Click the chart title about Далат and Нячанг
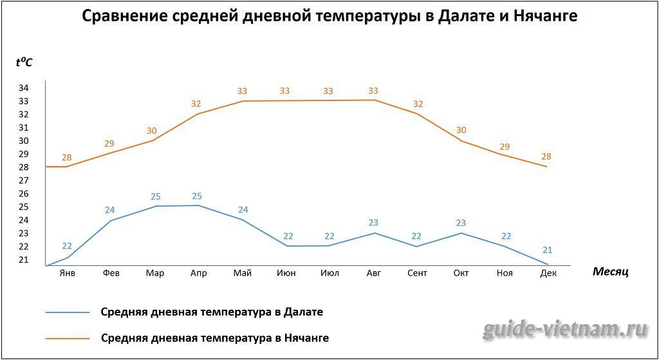click(x=329, y=17)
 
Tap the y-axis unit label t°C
click(x=24, y=62)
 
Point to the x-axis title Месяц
click(x=610, y=272)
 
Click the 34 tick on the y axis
click(x=23, y=88)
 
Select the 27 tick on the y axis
click(x=23, y=180)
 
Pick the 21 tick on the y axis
click(x=23, y=260)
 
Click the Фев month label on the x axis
click(x=111, y=273)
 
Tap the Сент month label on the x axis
click(x=417, y=273)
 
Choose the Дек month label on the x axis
click(x=548, y=273)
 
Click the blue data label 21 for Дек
click(x=547, y=250)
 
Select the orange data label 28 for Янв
click(x=67, y=157)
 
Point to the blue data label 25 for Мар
click(x=154, y=196)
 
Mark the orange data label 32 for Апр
click(x=197, y=104)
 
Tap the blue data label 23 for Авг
click(x=373, y=223)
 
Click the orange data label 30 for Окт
click(x=461, y=130)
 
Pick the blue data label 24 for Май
click(x=242, y=209)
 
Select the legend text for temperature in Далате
click(x=212, y=312)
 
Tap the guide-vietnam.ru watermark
click(x=564, y=330)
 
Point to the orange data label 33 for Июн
click(x=285, y=91)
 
